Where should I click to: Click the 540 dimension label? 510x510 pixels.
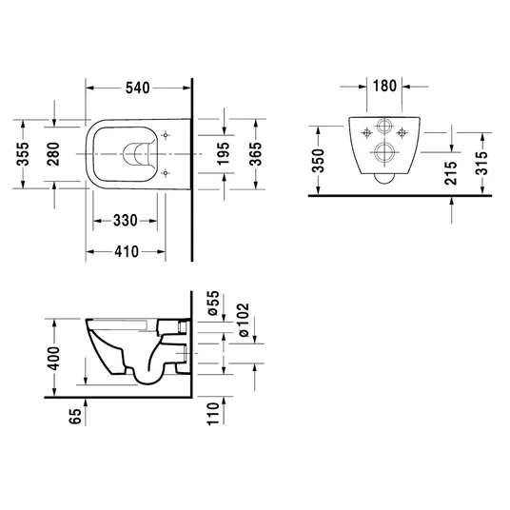[x=138, y=88]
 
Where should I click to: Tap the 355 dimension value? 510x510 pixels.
[x=23, y=154]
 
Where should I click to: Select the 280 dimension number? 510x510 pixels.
[x=53, y=154]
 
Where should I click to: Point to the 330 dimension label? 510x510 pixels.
[x=126, y=221]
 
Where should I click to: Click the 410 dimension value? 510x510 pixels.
[x=127, y=251]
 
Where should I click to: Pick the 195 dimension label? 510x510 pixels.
[x=224, y=153]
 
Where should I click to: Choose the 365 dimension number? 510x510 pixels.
[x=255, y=154]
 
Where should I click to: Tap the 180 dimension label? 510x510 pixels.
[x=384, y=86]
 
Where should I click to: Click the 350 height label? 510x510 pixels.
[x=318, y=161]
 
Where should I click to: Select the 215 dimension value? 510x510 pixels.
[x=451, y=173]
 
